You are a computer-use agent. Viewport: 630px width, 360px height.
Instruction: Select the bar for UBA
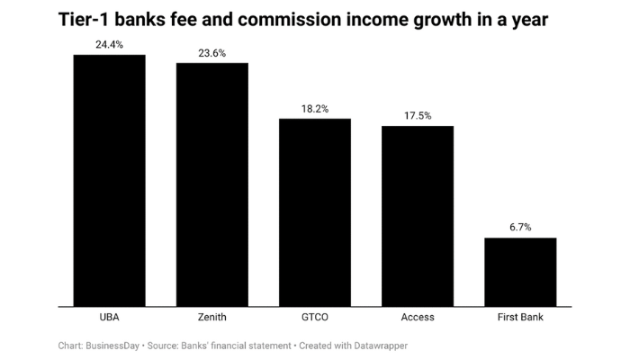[x=109, y=180]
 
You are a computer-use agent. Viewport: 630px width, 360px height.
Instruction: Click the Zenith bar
[x=211, y=184]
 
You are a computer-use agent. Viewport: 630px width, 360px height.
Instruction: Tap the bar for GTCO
[x=314, y=212]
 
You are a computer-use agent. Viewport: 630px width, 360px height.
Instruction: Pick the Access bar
[x=418, y=216]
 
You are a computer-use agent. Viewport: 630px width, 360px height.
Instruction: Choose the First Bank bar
[x=520, y=272]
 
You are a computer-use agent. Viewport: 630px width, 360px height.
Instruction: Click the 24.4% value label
[x=109, y=43]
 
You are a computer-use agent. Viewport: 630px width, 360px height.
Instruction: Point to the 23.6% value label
[x=211, y=53]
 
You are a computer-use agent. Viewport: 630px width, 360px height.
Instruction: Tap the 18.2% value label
[x=314, y=109]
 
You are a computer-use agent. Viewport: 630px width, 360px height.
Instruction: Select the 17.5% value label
[x=418, y=116]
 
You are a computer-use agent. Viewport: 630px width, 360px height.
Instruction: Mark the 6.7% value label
[x=520, y=228]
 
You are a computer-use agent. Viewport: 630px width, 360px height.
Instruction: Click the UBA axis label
[x=109, y=317]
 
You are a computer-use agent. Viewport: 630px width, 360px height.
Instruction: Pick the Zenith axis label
[x=211, y=317]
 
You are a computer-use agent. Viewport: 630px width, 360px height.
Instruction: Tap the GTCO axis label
[x=314, y=317]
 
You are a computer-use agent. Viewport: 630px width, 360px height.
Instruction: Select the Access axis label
[x=418, y=317]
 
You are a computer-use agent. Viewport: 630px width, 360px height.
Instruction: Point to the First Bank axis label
[x=520, y=317]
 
